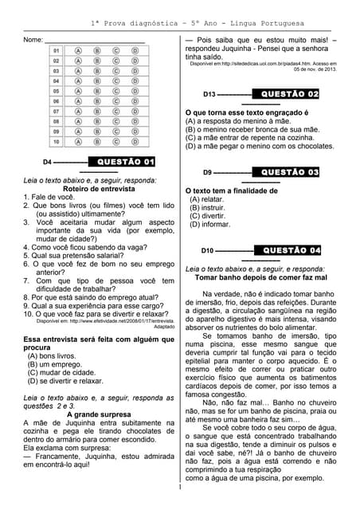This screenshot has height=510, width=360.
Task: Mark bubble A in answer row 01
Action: tap(78, 49)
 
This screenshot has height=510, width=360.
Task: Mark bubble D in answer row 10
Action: tap(135, 142)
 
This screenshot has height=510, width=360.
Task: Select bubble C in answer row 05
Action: tap(116, 91)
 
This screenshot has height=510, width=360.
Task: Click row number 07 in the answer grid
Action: tap(57, 112)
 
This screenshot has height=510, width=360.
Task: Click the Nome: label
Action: tap(33, 39)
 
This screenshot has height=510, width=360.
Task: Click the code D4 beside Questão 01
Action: tap(48, 163)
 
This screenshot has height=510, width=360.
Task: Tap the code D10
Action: tap(207, 251)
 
